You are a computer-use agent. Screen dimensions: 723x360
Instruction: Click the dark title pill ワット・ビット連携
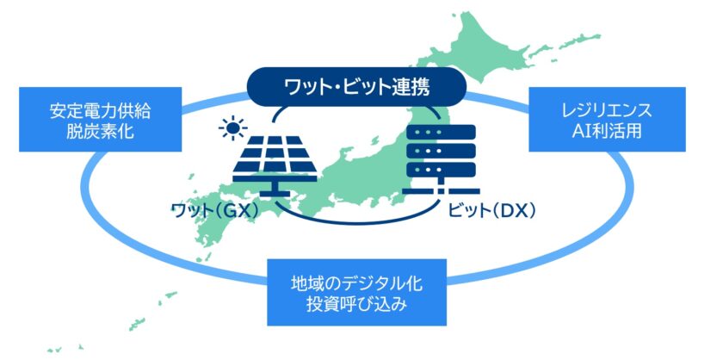click(357, 87)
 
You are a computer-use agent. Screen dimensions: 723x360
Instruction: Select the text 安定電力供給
click(101, 111)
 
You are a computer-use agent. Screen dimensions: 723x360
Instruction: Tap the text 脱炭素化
click(101, 132)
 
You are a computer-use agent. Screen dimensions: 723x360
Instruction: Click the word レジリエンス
click(608, 111)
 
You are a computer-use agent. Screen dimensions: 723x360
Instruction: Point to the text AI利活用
click(608, 132)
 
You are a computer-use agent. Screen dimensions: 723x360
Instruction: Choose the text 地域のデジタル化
click(357, 283)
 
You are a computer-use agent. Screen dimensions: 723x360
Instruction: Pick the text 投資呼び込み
click(357, 304)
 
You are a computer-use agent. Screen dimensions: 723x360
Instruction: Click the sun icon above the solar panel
click(233, 127)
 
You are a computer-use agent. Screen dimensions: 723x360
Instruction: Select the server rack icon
click(441, 159)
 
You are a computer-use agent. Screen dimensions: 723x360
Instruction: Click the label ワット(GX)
click(216, 211)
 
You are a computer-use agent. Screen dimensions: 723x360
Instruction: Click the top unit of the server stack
click(442, 133)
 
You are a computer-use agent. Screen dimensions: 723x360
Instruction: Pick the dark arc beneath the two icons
click(357, 219)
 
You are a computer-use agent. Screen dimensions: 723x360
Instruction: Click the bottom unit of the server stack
click(442, 171)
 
